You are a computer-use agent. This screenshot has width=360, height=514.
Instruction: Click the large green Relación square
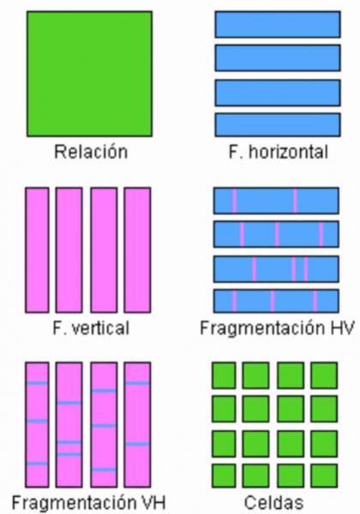tap(89, 74)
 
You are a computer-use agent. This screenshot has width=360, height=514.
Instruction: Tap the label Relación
tap(91, 152)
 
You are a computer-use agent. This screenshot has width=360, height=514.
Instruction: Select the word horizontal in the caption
tap(288, 152)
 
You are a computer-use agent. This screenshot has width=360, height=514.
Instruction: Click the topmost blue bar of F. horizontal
tap(278, 24)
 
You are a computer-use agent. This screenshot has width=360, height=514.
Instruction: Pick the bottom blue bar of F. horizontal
tap(278, 124)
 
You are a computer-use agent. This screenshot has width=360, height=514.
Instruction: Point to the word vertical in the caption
tap(100, 328)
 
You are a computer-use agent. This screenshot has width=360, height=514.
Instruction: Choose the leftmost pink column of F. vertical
tap(37, 250)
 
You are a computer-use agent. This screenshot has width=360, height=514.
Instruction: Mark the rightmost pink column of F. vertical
tap(137, 250)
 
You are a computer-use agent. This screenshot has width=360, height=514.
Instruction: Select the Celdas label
tap(273, 502)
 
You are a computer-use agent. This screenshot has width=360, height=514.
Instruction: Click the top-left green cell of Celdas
tap(224, 375)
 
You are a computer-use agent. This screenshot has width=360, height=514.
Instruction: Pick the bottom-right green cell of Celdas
tap(324, 475)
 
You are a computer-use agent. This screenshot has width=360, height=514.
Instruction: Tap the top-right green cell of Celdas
tap(324, 375)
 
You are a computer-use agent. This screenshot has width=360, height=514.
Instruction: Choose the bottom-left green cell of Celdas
tap(224, 475)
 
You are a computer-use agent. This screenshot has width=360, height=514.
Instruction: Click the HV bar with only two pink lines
tap(276, 200)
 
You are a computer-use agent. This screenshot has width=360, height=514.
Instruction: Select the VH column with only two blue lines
tap(137, 425)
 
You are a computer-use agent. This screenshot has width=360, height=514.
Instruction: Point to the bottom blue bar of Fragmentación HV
tap(276, 301)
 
